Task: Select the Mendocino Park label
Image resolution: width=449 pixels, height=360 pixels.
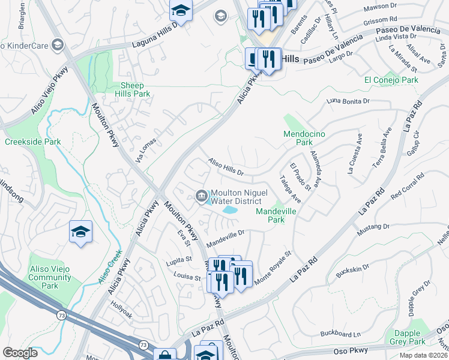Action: coord(304,139)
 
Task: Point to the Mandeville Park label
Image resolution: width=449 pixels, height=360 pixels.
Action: coord(278,216)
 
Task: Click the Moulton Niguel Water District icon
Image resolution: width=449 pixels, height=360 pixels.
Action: coord(201,195)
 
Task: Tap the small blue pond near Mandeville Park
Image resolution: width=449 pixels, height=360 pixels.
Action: coord(229,210)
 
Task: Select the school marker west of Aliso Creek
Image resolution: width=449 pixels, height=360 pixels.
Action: coord(80,232)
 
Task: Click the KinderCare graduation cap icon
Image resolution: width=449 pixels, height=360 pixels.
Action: coord(58,45)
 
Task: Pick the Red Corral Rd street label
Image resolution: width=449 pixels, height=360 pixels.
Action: coord(408,187)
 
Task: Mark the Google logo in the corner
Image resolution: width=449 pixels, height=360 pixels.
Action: coord(20,353)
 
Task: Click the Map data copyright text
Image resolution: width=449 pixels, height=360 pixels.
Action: coord(424,355)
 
